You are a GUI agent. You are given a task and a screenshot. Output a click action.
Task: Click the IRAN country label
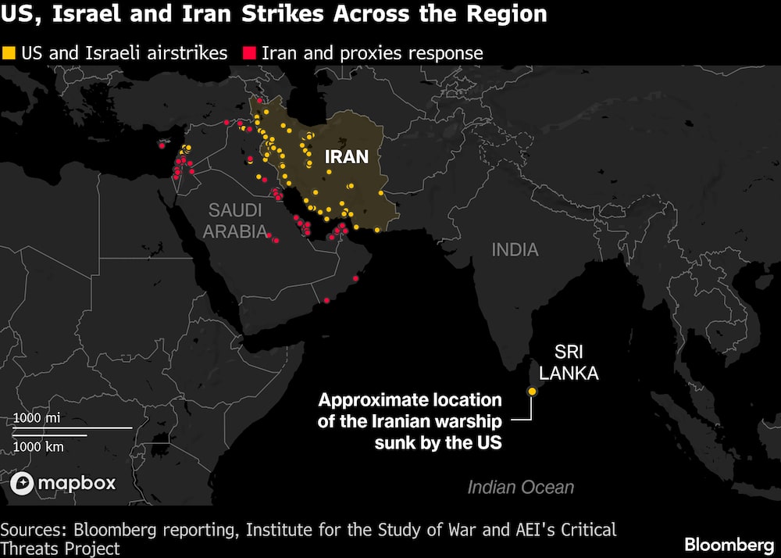pyautogui.click(x=346, y=156)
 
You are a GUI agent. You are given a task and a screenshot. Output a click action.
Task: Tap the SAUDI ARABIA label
pyautogui.click(x=235, y=220)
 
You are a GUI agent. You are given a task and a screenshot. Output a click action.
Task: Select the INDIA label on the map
pyautogui.click(x=515, y=249)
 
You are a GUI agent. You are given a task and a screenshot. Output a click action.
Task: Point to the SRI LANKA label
pyautogui.click(x=569, y=363)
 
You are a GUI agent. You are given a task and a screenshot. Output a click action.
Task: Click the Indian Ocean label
pyautogui.click(x=520, y=488)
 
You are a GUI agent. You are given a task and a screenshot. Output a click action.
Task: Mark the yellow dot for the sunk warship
pyautogui.click(x=532, y=391)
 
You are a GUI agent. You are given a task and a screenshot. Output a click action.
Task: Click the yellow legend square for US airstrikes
pyautogui.click(x=9, y=54)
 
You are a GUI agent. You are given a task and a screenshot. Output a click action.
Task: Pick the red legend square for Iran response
pyautogui.click(x=249, y=54)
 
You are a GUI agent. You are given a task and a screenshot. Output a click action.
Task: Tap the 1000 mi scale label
pyautogui.click(x=37, y=418)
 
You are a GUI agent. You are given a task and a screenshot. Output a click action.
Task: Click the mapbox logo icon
pyautogui.click(x=23, y=483)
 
